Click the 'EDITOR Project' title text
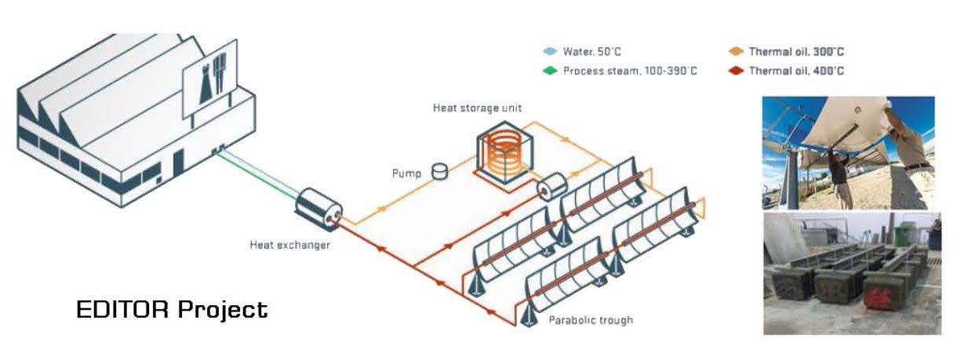pyautogui.click(x=172, y=310)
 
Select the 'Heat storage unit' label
pyautogui.click(x=477, y=107)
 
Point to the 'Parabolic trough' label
pyautogui.click(x=591, y=320)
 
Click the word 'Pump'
pyautogui.click(x=407, y=173)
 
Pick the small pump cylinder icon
pyautogui.click(x=441, y=170)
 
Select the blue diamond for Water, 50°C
pyautogui.click(x=551, y=52)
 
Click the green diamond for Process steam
pyautogui.click(x=551, y=71)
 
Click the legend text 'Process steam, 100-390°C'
pyautogui.click(x=630, y=71)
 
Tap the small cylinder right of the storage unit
pyautogui.click(x=552, y=186)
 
